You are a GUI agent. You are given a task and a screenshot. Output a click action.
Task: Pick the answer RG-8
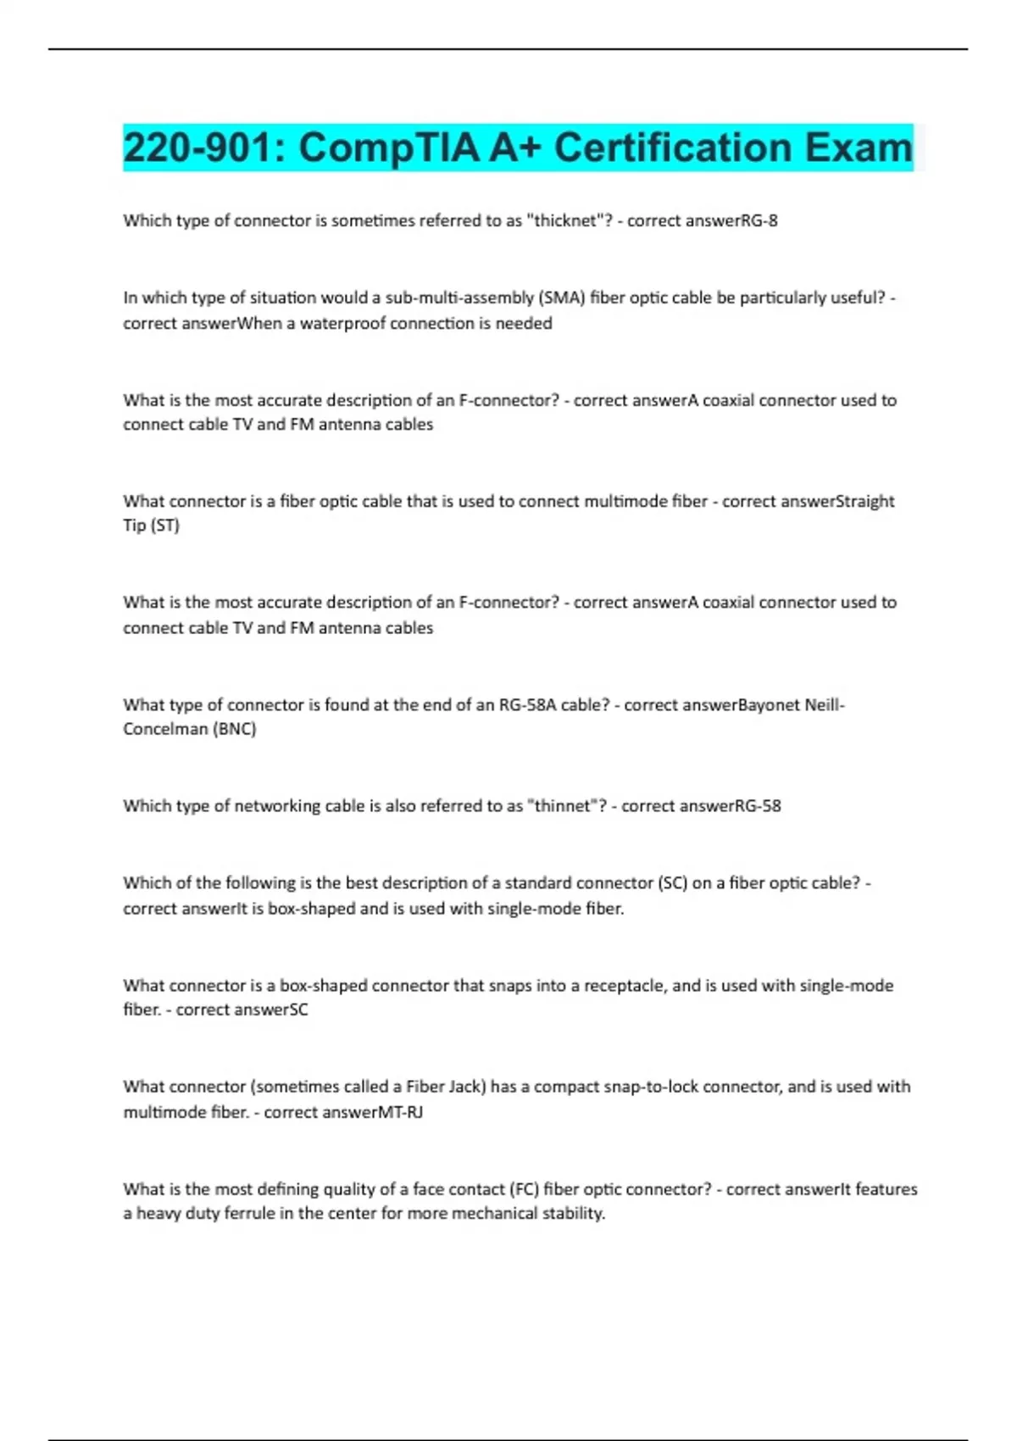759,220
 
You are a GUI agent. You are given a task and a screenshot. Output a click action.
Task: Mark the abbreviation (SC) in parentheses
672,882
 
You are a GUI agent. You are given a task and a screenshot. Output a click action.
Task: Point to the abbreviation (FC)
524,1189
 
